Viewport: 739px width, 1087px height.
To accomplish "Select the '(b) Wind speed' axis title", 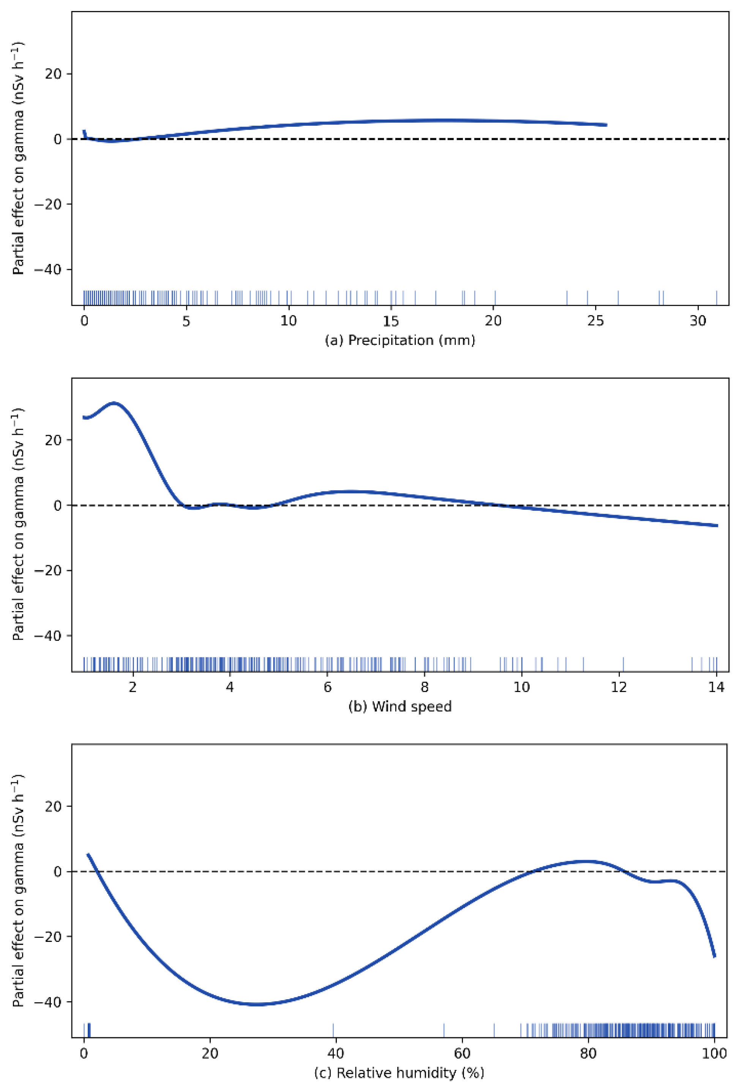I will pos(400,706).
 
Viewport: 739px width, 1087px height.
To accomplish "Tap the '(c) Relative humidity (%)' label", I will pos(399,1073).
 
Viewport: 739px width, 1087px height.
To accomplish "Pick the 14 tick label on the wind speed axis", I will pos(716,687).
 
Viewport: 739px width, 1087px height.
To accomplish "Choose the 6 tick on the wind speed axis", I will pos(327,687).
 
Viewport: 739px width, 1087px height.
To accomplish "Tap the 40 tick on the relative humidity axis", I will pos(335,1053).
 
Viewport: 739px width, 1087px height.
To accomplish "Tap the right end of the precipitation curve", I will pos(606,125).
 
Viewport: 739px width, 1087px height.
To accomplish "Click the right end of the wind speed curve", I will pos(716,526).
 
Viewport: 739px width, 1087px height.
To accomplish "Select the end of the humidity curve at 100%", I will pos(714,956).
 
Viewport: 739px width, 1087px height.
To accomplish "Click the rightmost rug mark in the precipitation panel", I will pos(716,297).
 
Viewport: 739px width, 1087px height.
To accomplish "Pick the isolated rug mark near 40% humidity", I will pos(333,1030).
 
